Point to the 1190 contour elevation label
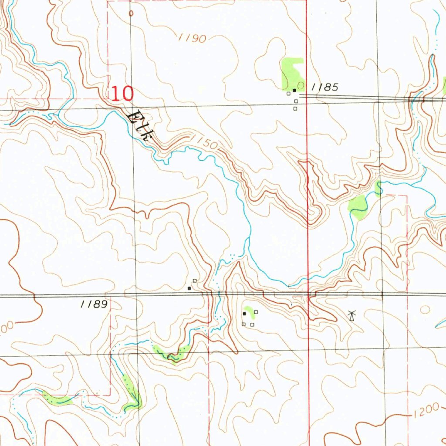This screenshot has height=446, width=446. (x=192, y=38)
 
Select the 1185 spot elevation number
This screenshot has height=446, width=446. (x=325, y=87)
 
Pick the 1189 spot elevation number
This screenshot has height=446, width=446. (x=94, y=304)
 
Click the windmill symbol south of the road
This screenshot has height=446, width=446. (x=352, y=315)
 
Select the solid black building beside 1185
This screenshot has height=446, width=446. (x=294, y=90)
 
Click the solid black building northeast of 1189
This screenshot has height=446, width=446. (x=189, y=288)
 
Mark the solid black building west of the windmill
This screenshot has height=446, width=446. (x=244, y=313)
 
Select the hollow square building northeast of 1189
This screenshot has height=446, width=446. (x=194, y=280)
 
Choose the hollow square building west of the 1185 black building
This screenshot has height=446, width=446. (x=288, y=93)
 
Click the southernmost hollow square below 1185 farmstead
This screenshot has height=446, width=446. (x=295, y=108)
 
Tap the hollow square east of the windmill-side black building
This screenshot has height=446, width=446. (x=256, y=312)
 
